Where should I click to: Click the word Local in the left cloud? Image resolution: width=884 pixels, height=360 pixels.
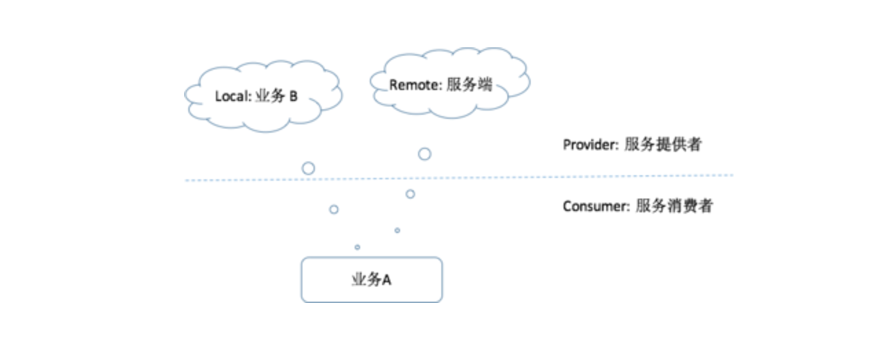[x=230, y=96]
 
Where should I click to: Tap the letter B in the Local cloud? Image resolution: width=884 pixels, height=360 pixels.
[x=294, y=96]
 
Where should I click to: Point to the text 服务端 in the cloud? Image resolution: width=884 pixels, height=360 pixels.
[x=469, y=85]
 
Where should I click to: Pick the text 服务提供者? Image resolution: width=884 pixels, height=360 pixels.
[x=663, y=145]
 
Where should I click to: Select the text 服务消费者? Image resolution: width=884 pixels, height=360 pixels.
[x=674, y=206]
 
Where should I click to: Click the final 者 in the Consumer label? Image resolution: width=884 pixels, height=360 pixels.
[x=705, y=206]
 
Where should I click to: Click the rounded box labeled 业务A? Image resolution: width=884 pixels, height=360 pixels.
[x=371, y=280]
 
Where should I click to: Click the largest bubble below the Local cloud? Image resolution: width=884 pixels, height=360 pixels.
[x=309, y=168]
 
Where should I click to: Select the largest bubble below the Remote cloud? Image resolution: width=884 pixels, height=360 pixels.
[x=425, y=154]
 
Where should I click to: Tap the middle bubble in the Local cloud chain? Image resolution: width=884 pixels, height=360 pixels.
[x=334, y=209]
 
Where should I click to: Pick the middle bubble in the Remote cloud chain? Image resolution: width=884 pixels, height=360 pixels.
[x=410, y=194]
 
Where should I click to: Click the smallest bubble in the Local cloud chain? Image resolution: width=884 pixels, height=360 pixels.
[x=357, y=247]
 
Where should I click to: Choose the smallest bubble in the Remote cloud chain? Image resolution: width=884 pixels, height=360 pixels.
[x=397, y=230]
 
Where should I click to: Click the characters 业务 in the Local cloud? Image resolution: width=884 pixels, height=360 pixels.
[x=268, y=96]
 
